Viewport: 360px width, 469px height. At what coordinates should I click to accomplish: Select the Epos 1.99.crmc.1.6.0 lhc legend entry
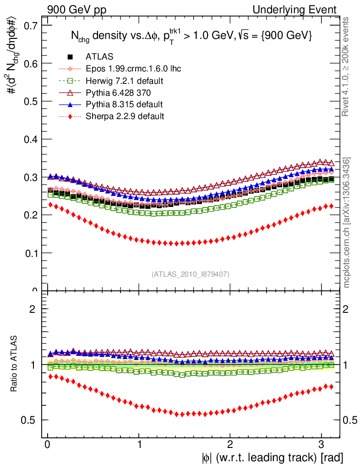click(x=133, y=69)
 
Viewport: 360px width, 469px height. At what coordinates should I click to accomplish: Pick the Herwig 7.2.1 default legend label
click(x=125, y=81)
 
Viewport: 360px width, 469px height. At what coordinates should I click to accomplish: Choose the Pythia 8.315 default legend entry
click(x=124, y=104)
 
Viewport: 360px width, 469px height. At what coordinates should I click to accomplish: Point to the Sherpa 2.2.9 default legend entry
click(x=125, y=116)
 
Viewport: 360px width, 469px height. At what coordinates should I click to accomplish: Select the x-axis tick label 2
click(x=230, y=444)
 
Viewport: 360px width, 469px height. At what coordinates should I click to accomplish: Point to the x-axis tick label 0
click(x=47, y=444)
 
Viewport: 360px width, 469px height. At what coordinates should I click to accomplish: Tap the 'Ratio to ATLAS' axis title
click(x=14, y=365)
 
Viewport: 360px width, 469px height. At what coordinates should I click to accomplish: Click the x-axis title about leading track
click(x=272, y=458)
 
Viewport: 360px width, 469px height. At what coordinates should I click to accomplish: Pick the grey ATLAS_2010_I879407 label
click(x=191, y=274)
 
